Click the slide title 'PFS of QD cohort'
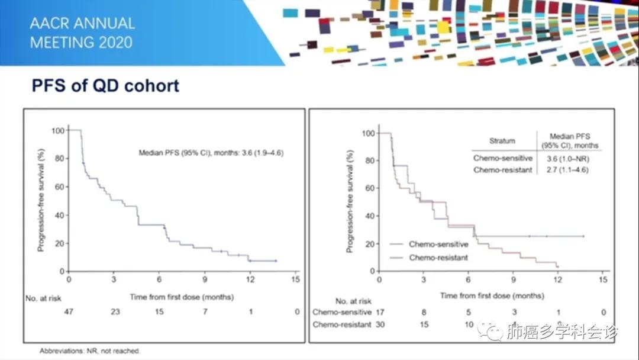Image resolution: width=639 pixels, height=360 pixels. [x=105, y=86]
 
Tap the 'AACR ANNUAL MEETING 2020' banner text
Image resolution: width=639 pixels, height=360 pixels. [x=82, y=33]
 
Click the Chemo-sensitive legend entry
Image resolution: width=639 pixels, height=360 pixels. [x=438, y=244]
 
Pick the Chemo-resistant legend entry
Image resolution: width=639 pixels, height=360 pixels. [x=438, y=258]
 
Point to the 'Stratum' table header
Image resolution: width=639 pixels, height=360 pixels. [x=502, y=141]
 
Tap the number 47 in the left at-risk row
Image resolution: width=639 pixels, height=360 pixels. [x=69, y=311]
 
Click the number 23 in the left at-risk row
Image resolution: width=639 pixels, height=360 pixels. [x=114, y=311]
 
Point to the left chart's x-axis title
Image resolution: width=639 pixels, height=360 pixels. [x=182, y=297]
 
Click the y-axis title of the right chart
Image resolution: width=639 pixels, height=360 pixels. [x=351, y=201]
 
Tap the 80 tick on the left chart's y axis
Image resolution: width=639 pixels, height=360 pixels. [x=58, y=158]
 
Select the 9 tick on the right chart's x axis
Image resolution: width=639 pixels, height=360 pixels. [x=513, y=279]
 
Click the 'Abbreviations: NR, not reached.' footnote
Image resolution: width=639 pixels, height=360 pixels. [x=90, y=351]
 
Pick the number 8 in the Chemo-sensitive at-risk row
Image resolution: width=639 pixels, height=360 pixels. [x=424, y=312]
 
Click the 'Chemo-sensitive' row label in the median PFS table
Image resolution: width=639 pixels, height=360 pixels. [x=503, y=158]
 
